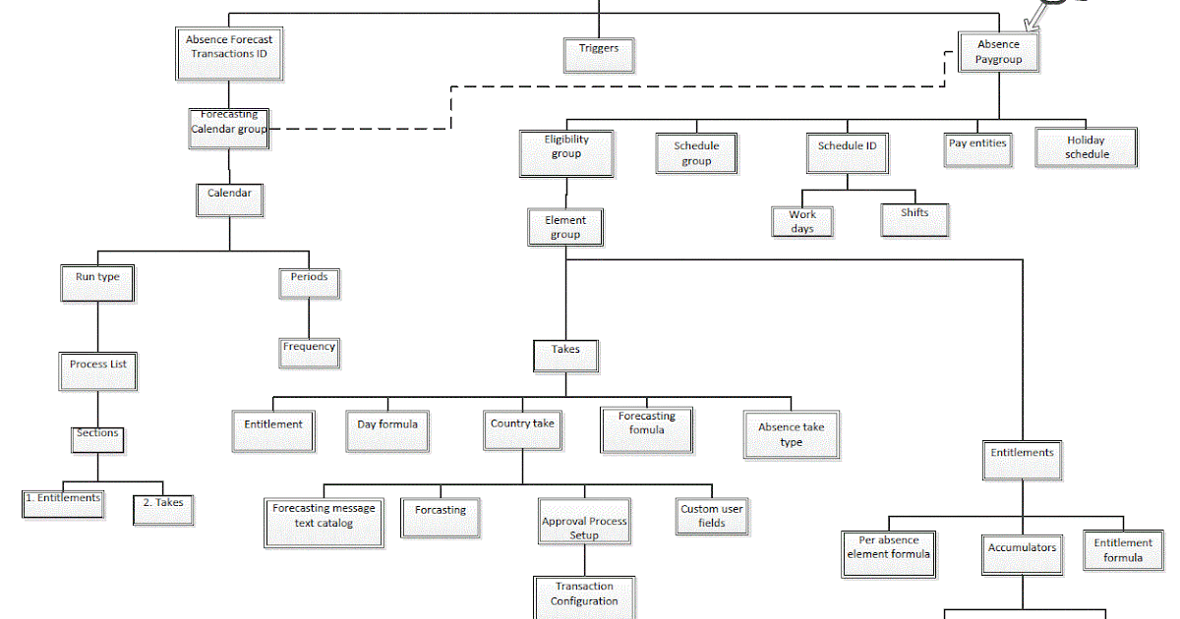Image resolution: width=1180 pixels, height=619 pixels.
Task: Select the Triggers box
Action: coord(599,54)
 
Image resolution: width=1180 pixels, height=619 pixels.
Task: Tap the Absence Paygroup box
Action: coord(998,52)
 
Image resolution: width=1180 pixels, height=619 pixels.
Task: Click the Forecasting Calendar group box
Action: coord(228,128)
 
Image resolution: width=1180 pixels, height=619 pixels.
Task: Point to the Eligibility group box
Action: coord(566,152)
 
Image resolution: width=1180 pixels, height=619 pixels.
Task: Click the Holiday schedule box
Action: coord(1086,147)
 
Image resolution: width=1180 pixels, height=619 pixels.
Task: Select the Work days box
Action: coord(802,221)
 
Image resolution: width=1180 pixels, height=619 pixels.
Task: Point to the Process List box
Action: coord(97,370)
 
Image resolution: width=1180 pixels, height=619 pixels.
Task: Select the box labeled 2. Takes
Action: coord(162,507)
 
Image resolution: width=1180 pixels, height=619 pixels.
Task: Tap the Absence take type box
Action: coord(791,434)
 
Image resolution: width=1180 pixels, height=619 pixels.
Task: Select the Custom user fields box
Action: coord(712,516)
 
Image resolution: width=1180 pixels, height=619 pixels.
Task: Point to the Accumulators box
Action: coord(1022,554)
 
